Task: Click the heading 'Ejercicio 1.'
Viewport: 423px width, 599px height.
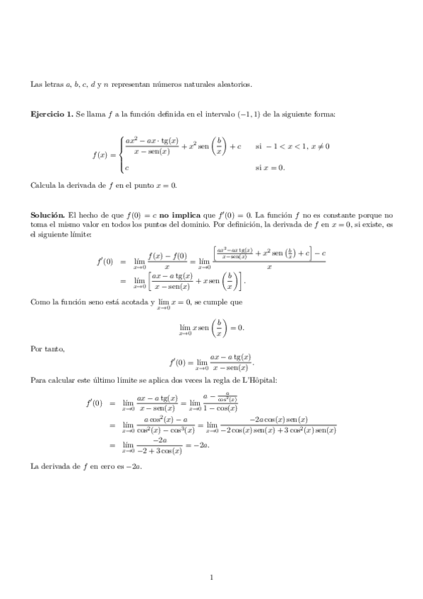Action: pos(52,114)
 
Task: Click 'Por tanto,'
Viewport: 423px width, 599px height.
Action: pos(48,348)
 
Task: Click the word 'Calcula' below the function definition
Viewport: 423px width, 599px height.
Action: pos(44,185)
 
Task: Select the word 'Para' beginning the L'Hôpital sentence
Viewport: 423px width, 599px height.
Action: pos(38,381)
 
